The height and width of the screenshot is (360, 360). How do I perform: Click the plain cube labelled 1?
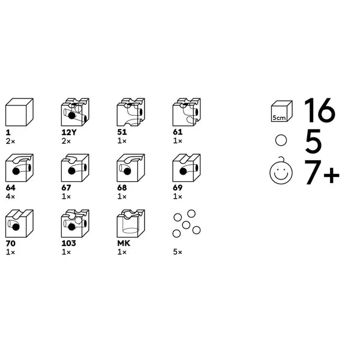pyautogui.click(x=19, y=112)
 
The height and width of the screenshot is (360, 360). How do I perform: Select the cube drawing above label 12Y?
pyautogui.click(x=75, y=112)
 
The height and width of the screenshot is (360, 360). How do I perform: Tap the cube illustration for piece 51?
pyautogui.click(x=131, y=112)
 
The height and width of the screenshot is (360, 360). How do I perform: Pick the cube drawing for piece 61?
pyautogui.click(x=187, y=112)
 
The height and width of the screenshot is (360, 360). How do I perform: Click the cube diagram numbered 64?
pyautogui.click(x=19, y=168)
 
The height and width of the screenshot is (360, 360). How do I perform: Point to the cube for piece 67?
pyautogui.click(x=75, y=168)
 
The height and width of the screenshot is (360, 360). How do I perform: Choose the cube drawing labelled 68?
pyautogui.click(x=131, y=168)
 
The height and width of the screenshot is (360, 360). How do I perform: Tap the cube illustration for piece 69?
pyautogui.click(x=187, y=168)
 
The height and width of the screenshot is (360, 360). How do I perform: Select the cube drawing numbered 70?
pyautogui.click(x=19, y=223)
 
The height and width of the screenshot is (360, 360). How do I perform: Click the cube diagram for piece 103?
pyautogui.click(x=75, y=223)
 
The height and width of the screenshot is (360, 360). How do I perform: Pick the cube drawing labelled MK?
pyautogui.click(x=131, y=223)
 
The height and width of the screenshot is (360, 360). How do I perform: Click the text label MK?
pyautogui.click(x=124, y=244)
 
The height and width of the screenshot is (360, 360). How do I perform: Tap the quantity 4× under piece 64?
pyautogui.click(x=10, y=197)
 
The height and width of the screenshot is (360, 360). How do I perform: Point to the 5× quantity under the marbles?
pyautogui.click(x=178, y=252)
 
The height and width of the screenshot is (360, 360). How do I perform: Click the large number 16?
pyautogui.click(x=320, y=110)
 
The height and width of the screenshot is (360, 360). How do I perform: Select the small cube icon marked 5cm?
pyautogui.click(x=282, y=111)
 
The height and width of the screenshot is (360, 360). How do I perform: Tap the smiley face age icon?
pyautogui.click(x=281, y=171)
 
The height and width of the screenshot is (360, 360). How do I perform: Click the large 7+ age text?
pyautogui.click(x=322, y=172)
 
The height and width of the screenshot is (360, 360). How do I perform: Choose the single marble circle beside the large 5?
pyautogui.click(x=281, y=140)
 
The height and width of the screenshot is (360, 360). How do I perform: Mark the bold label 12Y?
pyautogui.click(x=69, y=132)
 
